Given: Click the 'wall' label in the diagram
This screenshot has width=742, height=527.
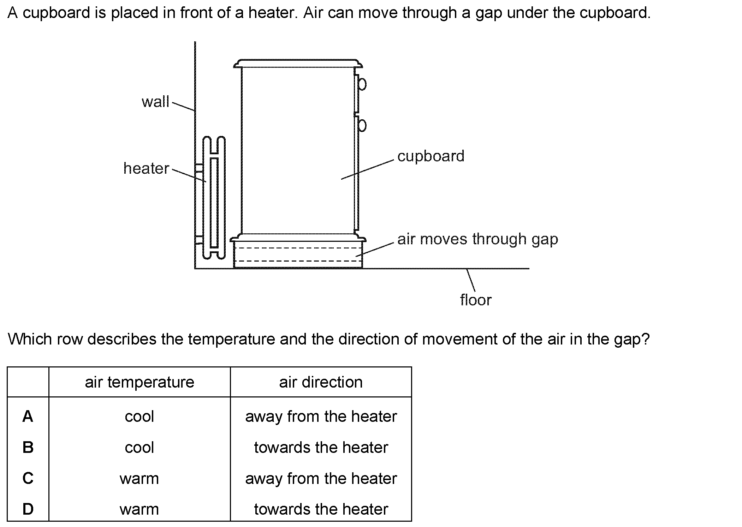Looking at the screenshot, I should click(x=155, y=102).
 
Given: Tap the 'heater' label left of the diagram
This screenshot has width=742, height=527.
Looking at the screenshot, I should click(x=146, y=168).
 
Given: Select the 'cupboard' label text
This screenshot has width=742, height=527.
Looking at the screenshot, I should click(x=431, y=156).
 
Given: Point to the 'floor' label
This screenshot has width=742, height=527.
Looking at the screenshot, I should click(x=475, y=300).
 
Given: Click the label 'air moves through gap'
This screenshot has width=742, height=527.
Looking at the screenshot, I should click(x=477, y=239).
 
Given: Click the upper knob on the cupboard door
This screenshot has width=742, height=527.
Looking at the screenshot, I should click(x=362, y=84).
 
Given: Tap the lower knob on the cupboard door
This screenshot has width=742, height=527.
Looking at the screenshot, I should click(x=362, y=125).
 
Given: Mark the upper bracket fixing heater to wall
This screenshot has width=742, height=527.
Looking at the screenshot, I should click(x=199, y=168).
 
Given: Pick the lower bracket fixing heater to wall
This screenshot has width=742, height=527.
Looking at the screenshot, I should click(x=199, y=240).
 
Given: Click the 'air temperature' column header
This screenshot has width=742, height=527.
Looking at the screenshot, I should click(x=140, y=382).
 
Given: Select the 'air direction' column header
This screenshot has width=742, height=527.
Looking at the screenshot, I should click(x=321, y=382).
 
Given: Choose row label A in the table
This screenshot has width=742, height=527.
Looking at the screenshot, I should click(x=28, y=417).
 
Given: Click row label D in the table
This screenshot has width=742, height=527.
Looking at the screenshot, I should click(x=28, y=509).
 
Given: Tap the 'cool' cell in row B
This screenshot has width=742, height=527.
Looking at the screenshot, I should click(x=140, y=448).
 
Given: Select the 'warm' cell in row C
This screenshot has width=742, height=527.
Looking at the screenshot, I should click(x=140, y=479).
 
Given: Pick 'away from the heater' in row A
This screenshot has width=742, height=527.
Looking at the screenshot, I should click(x=321, y=417).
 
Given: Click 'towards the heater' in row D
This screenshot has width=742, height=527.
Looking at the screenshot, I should click(x=321, y=509).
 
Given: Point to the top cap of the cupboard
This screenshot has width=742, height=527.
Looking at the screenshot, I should click(x=298, y=64).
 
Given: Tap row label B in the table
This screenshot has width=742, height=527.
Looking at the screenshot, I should click(x=28, y=448).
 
